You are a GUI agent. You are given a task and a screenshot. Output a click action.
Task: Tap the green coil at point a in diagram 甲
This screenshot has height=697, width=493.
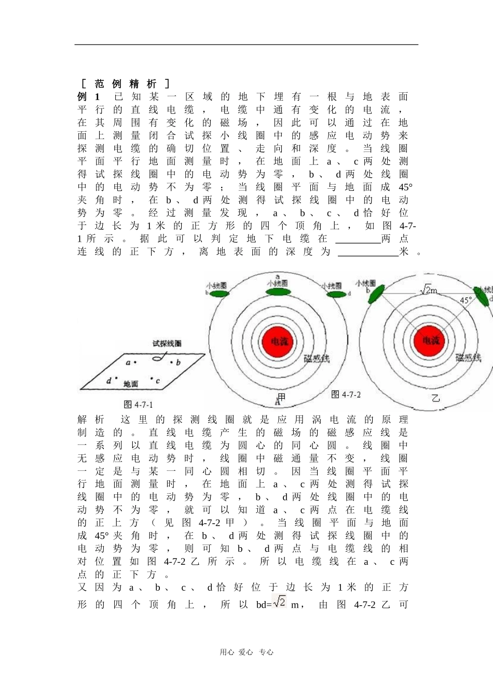pos(278,292)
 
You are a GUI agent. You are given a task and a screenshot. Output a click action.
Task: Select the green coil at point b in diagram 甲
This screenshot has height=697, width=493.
pos(217,293)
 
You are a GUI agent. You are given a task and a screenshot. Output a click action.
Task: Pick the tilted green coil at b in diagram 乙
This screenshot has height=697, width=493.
pos(376,294)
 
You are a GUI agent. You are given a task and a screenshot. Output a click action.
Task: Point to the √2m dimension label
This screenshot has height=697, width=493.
pos(429,290)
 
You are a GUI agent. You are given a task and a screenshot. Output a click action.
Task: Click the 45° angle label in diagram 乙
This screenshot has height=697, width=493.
pos(466,300)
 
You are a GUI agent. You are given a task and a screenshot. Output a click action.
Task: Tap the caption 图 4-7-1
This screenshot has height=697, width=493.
pos(138,405)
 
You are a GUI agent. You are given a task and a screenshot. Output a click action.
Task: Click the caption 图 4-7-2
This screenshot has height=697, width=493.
pos(346,395)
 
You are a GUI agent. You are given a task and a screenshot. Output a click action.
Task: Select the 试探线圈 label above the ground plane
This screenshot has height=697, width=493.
pos(167,343)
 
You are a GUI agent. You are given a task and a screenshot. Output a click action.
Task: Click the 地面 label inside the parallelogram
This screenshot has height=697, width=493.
pos(130,384)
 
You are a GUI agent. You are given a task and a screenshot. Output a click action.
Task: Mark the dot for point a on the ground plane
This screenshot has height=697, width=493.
pos(135,362)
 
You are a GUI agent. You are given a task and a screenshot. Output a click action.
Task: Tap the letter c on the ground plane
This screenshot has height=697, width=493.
pos(158,381)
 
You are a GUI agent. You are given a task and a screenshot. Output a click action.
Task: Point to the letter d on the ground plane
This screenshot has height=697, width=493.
pos(108,381)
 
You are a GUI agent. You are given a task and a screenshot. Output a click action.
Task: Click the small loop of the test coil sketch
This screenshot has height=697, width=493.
pos(157,358)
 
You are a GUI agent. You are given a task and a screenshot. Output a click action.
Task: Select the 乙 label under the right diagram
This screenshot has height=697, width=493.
pos(435,398)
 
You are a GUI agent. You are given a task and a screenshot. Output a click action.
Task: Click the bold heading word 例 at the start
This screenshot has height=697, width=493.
pos(82,97)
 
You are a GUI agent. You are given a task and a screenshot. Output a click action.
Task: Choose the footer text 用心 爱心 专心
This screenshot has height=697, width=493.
pos(246,652)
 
